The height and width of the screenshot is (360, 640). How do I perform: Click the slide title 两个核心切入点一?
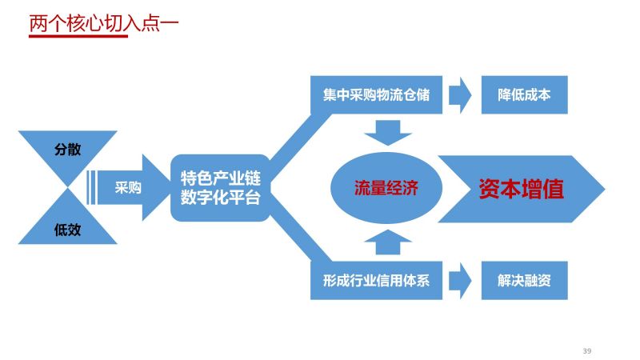click(x=104, y=24)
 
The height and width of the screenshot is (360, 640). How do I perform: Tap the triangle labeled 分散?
click(x=68, y=151)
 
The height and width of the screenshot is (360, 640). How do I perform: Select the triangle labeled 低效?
click(x=68, y=224)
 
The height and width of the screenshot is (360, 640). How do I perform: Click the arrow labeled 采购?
click(x=134, y=187)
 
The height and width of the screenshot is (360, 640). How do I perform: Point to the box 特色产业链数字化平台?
click(x=221, y=188)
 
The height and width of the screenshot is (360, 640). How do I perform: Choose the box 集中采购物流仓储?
click(x=376, y=94)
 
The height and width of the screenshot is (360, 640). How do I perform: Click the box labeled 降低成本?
click(x=525, y=94)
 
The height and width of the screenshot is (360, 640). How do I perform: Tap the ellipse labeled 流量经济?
click(x=386, y=188)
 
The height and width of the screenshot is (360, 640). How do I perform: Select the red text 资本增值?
click(x=522, y=189)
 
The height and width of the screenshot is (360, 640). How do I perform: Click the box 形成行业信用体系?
click(x=376, y=281)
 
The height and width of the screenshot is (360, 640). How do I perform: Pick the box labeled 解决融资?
click(x=525, y=281)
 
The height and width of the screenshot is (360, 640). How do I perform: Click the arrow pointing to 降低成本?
click(x=461, y=94)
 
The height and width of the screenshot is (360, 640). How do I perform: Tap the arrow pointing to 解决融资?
click(x=461, y=281)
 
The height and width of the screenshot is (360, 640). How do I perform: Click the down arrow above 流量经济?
click(x=388, y=133)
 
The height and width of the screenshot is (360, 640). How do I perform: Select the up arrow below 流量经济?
click(x=388, y=242)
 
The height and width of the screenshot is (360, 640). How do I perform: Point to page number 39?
click(x=587, y=350)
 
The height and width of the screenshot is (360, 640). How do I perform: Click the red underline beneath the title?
click(x=78, y=36)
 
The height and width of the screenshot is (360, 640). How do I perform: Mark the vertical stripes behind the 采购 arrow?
click(x=92, y=187)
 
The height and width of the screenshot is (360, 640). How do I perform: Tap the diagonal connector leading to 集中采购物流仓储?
click(x=300, y=137)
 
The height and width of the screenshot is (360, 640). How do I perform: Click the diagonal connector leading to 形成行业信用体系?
click(x=300, y=238)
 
